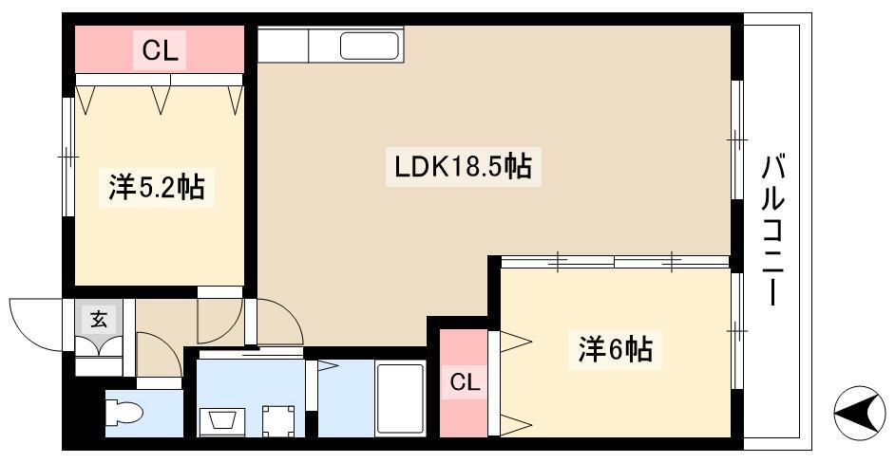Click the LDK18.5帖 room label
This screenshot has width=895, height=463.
coord(464,167)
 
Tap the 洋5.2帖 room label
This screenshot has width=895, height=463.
coord(157,187)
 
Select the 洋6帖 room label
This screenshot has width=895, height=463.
coord(616,348)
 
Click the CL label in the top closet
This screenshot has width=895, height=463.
coord(160,50)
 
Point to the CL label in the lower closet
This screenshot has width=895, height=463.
coord(465,382)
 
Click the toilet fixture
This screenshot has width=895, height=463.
coord(125,412)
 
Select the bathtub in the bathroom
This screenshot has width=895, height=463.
coord(401,398)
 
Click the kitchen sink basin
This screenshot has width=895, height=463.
coord(370,46)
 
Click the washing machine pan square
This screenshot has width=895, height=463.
coord(278,421)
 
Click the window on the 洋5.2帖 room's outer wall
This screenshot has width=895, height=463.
coord(68,157)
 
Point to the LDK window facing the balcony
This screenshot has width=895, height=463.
coord(737,139)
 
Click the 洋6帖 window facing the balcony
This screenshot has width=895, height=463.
coord(737,331)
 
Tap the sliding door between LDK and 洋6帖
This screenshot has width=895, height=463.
coord(616,262)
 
